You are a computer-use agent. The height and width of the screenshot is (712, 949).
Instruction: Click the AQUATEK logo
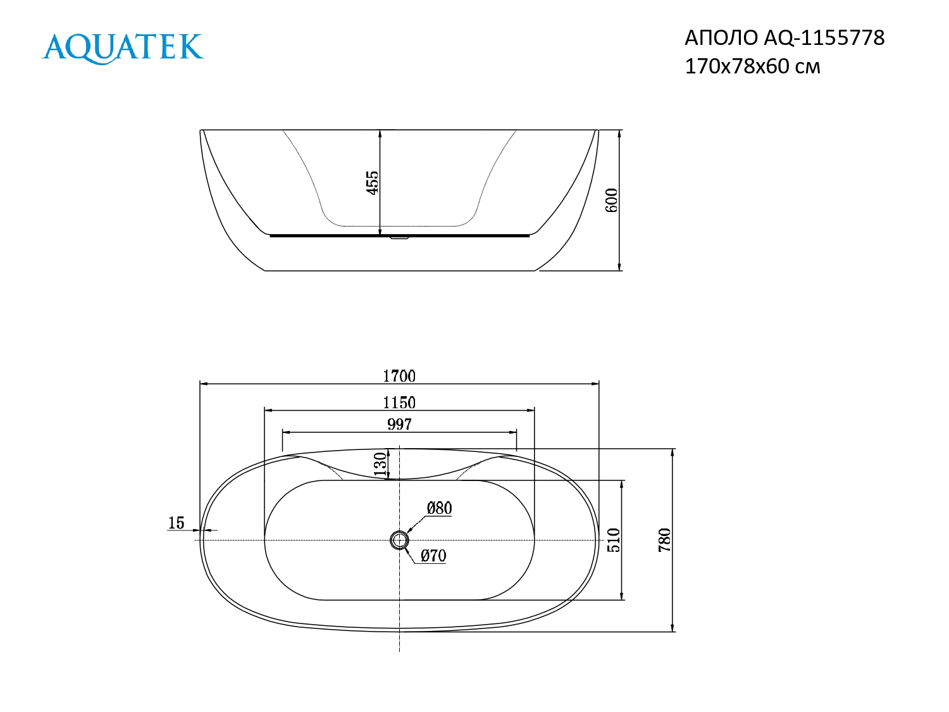pyautogui.click(x=123, y=48)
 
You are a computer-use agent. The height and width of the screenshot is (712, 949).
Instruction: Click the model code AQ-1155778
pyautogui.click(x=824, y=38)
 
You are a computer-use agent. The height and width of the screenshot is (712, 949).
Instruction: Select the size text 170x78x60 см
pyautogui.click(x=752, y=66)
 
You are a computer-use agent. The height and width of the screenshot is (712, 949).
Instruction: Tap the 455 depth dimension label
pyautogui.click(x=373, y=182)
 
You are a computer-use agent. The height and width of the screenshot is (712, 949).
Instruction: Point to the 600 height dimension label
pyautogui.click(x=612, y=200)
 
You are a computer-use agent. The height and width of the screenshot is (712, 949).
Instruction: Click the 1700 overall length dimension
pyautogui.click(x=399, y=376)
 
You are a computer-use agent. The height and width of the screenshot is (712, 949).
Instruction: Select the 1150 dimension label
pyautogui.click(x=399, y=403)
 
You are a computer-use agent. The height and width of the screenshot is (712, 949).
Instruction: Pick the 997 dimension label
pyautogui.click(x=399, y=425)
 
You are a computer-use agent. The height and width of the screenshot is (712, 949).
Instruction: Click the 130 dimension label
pyautogui.click(x=380, y=464)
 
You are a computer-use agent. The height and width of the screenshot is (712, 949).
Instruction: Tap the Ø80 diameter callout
pyautogui.click(x=439, y=508)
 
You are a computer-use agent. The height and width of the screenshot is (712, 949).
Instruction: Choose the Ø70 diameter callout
pyautogui.click(x=433, y=556)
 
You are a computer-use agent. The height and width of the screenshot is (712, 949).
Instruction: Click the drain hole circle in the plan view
pyautogui.click(x=399, y=540)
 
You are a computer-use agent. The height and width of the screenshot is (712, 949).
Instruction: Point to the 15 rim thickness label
pyautogui.click(x=176, y=523)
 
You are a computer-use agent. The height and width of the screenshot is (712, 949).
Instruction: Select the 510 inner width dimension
pyautogui.click(x=614, y=540)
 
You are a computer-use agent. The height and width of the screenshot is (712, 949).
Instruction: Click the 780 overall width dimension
pyautogui.click(x=664, y=540)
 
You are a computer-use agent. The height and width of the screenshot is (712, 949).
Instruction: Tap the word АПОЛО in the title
pyautogui.click(x=721, y=38)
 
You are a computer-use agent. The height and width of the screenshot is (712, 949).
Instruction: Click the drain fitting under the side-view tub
pyautogui.click(x=399, y=238)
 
